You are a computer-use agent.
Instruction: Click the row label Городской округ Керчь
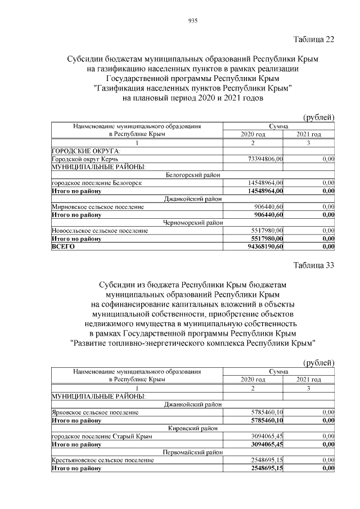[x=84, y=160]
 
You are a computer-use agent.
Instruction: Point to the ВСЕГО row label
[x=63, y=246]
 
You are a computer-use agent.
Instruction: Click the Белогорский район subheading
[x=193, y=175]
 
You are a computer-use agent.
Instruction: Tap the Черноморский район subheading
[x=193, y=223]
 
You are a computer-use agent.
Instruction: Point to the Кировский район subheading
[x=193, y=428]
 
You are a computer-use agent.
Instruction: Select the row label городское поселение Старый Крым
[x=101, y=436]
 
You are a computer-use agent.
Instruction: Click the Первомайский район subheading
[x=193, y=452]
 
